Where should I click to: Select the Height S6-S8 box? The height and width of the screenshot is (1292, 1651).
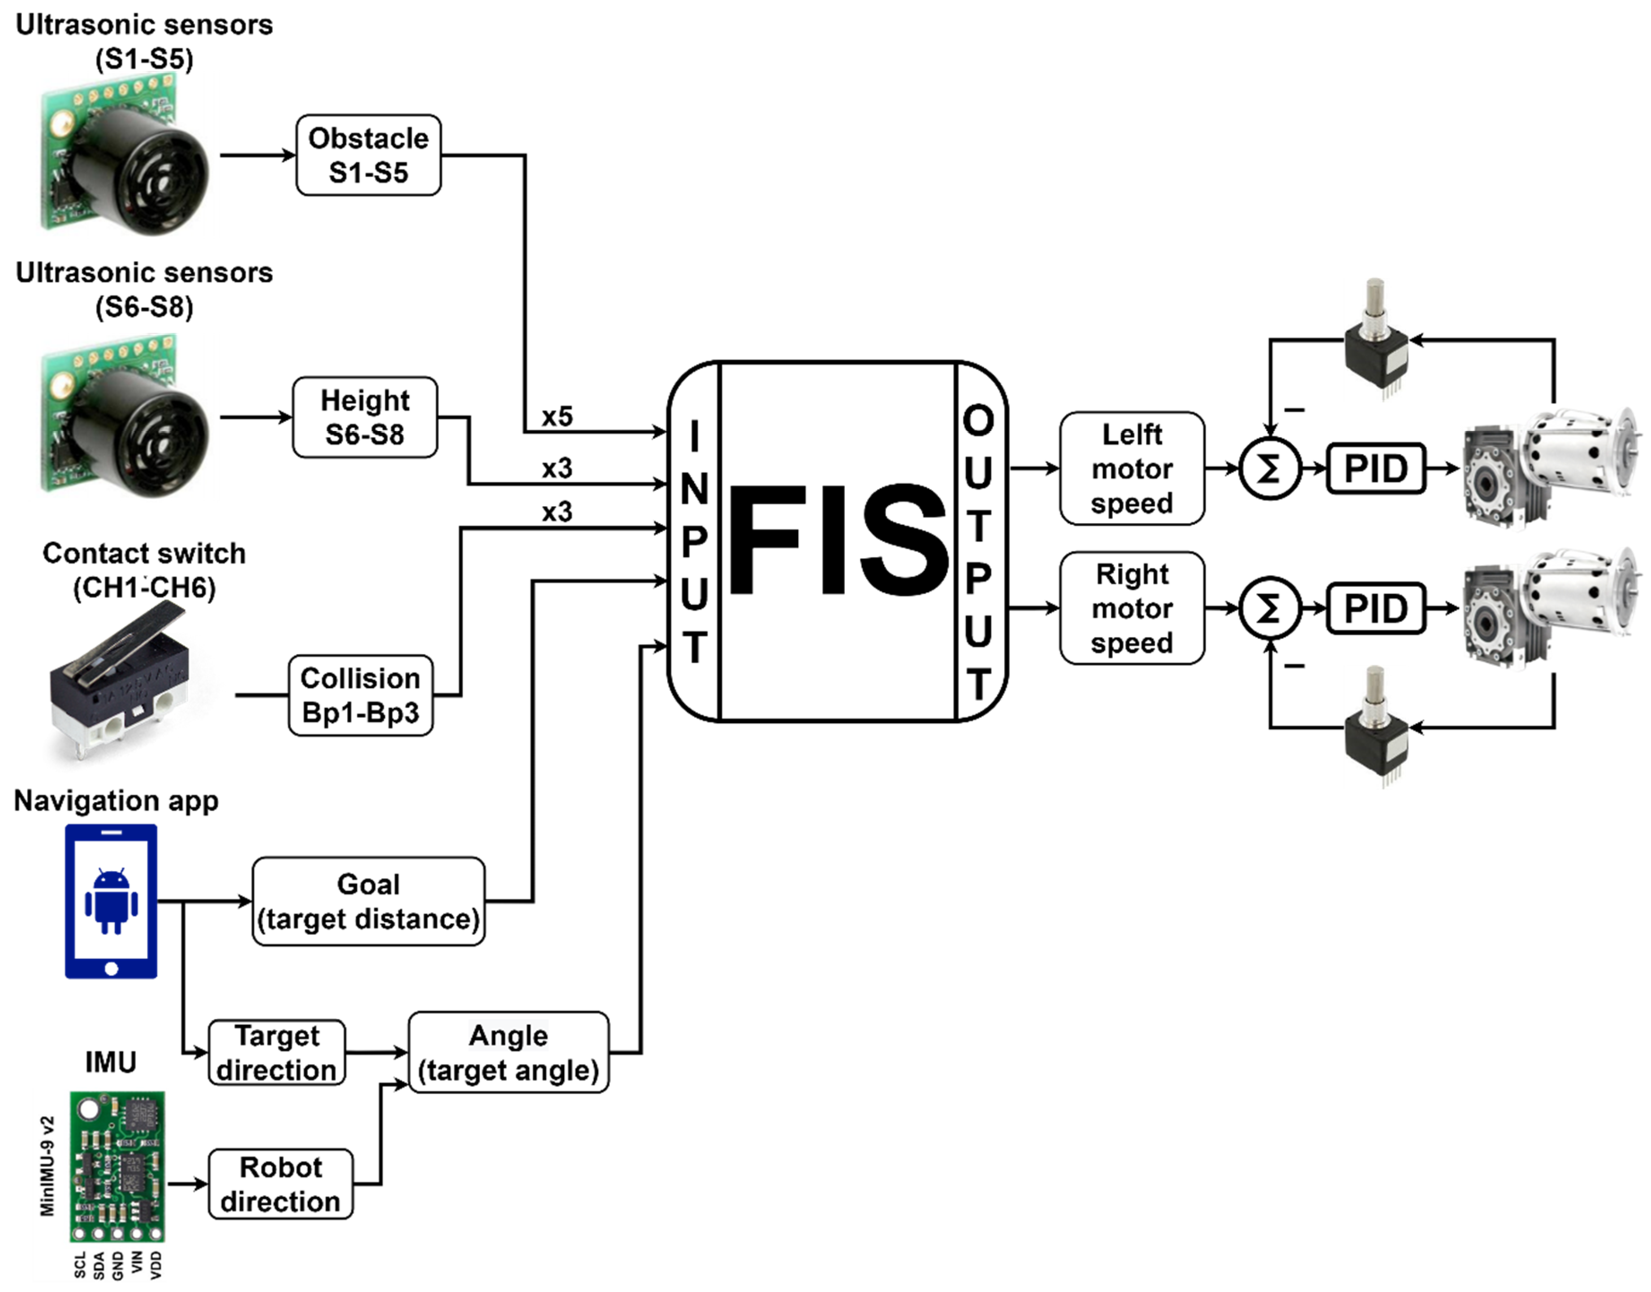coord(364,417)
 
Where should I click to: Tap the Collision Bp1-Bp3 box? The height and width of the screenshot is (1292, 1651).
coord(360,695)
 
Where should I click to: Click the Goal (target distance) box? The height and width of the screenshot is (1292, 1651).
coord(368,901)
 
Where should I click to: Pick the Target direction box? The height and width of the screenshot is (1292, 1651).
coord(277,1052)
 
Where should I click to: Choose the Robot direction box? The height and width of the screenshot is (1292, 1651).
coord(280,1184)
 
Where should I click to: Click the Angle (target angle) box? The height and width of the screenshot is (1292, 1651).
coord(508,1052)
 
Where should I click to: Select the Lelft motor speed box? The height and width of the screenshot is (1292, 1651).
coord(1132,468)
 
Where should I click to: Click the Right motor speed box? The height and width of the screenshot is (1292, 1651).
coord(1132,608)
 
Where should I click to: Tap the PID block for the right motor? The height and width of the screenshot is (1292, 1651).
coord(1375,608)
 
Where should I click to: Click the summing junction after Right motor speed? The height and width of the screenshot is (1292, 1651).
coord(1270,608)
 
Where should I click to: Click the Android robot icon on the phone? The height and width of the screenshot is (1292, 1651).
coord(111,901)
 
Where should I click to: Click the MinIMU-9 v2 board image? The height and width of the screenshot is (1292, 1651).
coord(117,1166)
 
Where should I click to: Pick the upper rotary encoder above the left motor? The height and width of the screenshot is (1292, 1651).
coord(1376,340)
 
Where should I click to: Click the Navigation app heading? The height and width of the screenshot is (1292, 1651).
coord(116,800)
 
